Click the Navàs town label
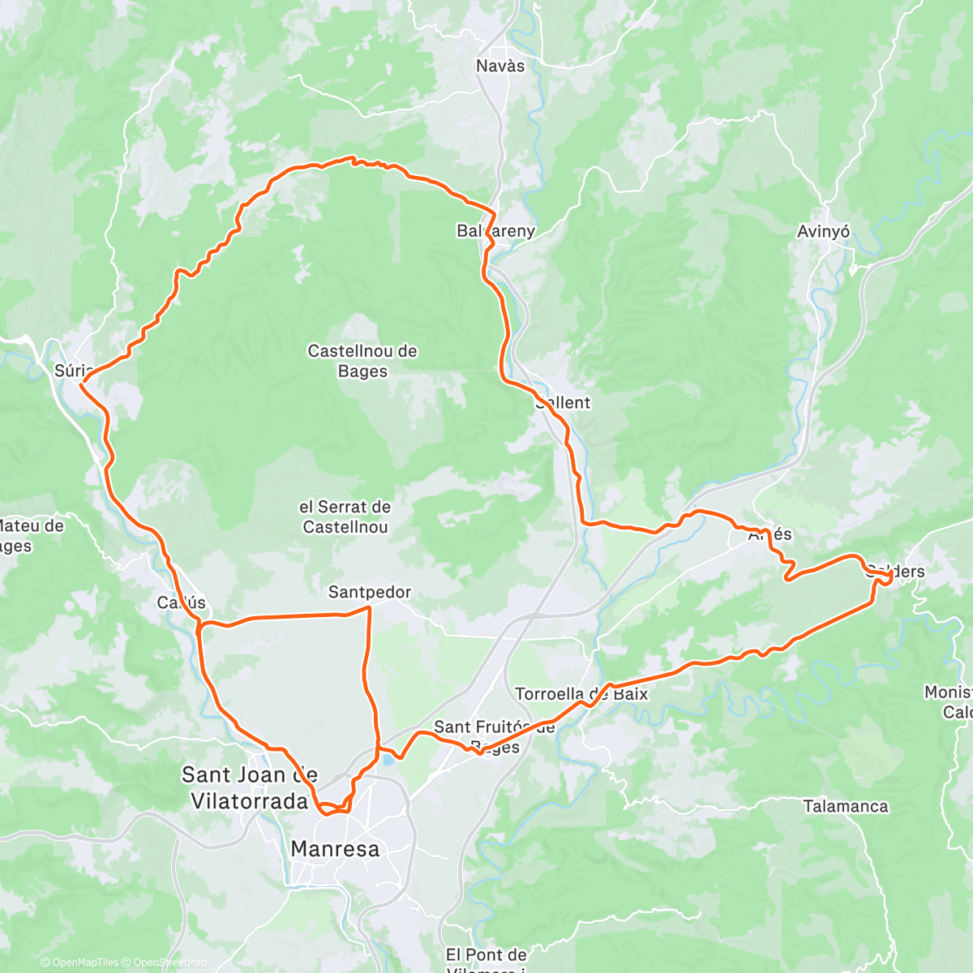500,66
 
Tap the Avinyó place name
823,232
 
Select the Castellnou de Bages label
362,361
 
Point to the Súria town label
71,371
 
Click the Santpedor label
370,592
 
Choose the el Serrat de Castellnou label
345,517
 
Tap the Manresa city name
335,849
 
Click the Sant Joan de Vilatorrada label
249,787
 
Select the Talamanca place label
846,806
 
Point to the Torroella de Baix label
581,693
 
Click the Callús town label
182,602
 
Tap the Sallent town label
563,402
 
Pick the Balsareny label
496,231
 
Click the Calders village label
895,571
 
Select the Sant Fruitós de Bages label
495,736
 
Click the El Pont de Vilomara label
486,960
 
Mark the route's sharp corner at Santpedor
370,607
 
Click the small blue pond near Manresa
389,760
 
